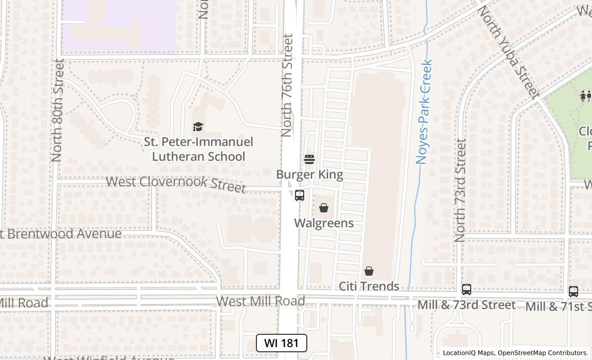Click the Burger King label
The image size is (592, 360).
tap(309, 174)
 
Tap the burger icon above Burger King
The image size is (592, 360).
tap(309, 159)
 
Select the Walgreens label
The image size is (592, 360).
tap(324, 223)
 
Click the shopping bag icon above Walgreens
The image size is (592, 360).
tap(324, 208)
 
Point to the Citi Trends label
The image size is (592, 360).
tap(369, 286)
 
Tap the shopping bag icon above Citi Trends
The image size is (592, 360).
tap(369, 271)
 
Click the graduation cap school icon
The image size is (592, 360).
tap(198, 127)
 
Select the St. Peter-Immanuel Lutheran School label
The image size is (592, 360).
tap(198, 149)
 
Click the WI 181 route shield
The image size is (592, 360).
tap(282, 343)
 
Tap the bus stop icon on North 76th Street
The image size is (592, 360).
tap(300, 195)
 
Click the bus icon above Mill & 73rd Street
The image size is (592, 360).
tap(467, 290)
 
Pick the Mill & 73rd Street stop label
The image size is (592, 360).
tap(467, 305)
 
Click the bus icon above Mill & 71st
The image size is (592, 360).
tap(573, 291)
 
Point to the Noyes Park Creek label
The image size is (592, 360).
tap(424, 112)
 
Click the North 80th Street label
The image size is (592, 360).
tap(58, 111)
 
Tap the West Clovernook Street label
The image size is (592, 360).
tap(176, 183)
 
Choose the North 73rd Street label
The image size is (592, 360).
tap(460, 190)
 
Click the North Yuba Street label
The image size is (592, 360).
tap(509, 51)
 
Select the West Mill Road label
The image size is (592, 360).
tap(261, 301)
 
